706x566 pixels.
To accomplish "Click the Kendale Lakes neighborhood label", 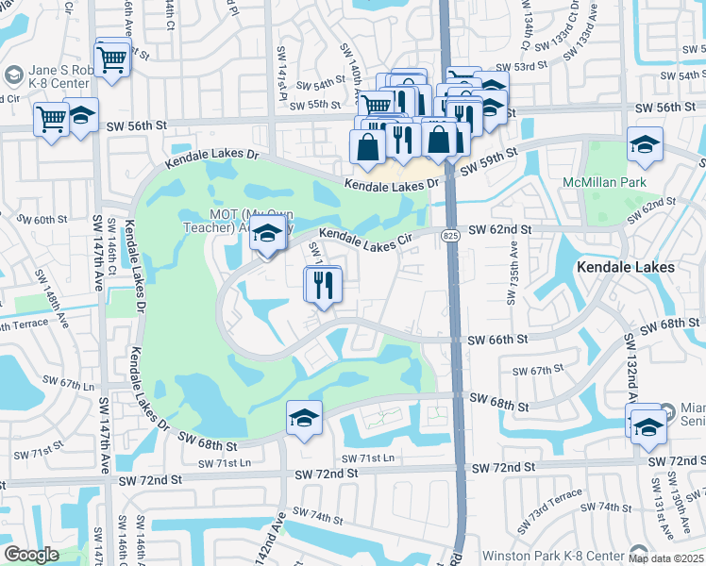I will [627, 267].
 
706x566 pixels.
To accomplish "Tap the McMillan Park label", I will [623, 180].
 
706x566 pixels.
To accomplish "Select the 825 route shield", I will [452, 235].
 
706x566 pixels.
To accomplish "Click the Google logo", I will [31, 555].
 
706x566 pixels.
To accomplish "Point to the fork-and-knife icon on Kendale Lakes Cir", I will [324, 284].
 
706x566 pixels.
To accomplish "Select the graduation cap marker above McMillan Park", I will [645, 144].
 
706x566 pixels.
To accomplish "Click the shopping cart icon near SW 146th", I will [112, 58].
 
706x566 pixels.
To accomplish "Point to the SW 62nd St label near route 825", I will [499, 229].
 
